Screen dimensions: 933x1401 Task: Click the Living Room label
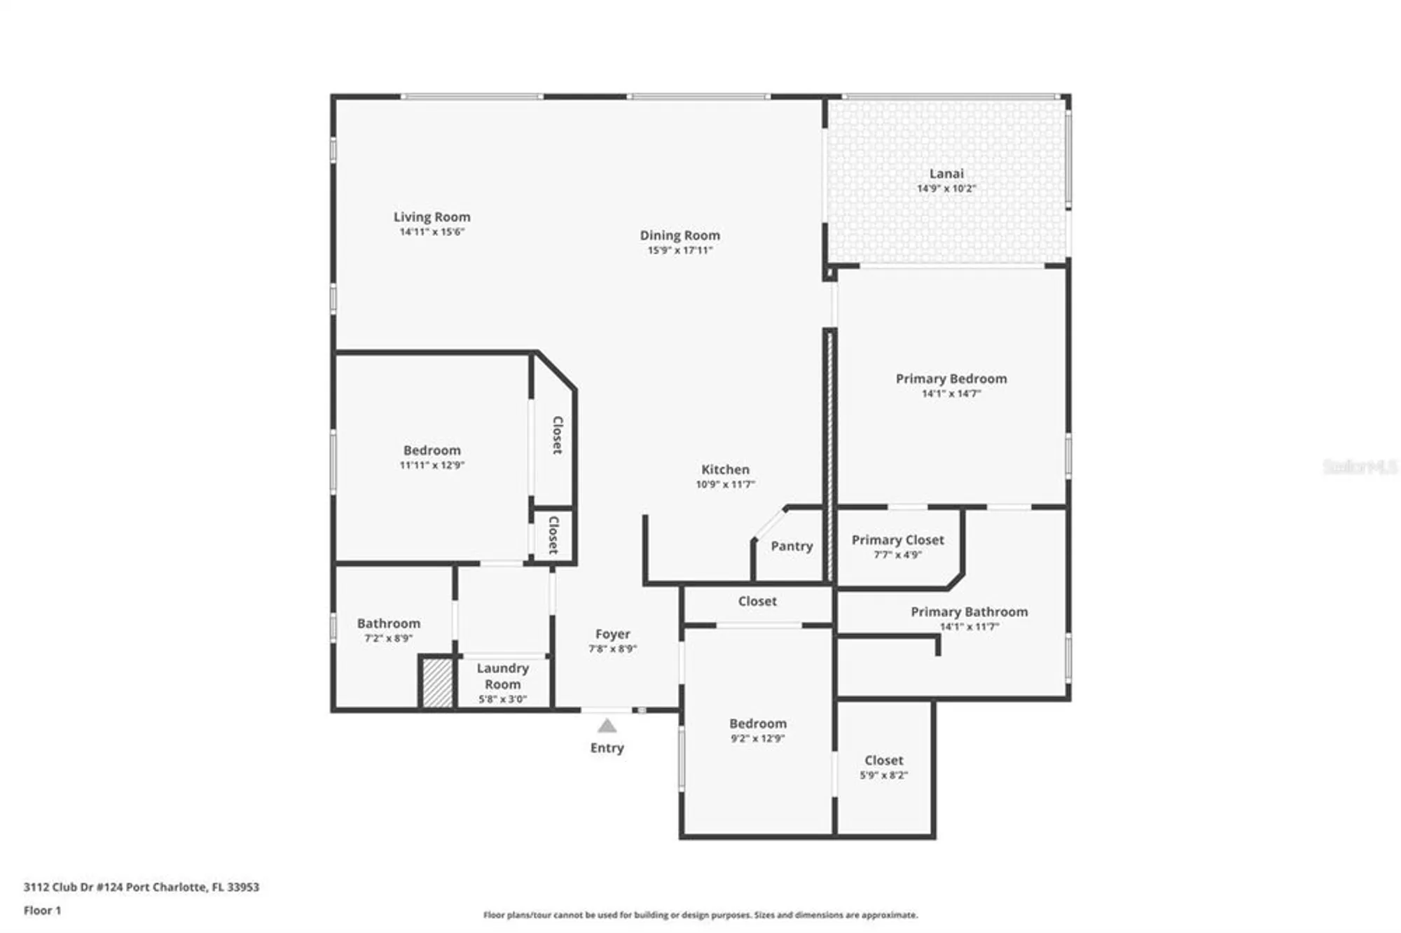click(432, 217)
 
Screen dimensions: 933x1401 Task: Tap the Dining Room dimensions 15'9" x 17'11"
click(679, 250)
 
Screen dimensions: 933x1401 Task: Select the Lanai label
click(946, 174)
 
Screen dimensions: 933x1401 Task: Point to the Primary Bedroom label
click(951, 379)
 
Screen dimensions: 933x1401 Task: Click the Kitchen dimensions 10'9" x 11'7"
click(725, 484)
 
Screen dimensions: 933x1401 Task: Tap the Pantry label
click(792, 546)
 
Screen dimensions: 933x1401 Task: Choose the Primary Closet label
click(897, 540)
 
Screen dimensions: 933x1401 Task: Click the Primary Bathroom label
click(969, 612)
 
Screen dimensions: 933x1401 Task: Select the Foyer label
click(612, 634)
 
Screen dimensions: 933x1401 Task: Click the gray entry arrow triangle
click(607, 726)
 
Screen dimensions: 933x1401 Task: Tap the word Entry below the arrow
click(607, 748)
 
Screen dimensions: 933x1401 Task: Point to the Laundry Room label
click(502, 676)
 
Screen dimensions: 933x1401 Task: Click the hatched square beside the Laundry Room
click(438, 682)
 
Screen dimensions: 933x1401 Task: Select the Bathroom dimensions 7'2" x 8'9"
click(388, 638)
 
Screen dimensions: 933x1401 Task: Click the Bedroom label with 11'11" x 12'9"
click(432, 450)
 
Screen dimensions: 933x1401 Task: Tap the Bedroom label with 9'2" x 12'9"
click(757, 724)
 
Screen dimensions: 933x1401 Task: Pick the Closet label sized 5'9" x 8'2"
click(883, 761)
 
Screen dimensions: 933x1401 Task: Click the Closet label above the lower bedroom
click(757, 602)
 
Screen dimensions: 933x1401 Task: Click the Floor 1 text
click(42, 911)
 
